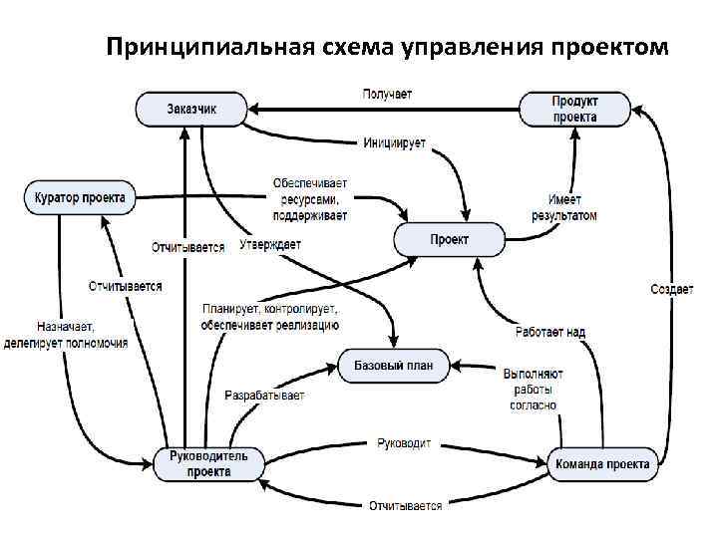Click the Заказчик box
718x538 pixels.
[191, 109]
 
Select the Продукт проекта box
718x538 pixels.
[574, 109]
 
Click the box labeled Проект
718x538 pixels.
[449, 240]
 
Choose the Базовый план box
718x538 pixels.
[394, 366]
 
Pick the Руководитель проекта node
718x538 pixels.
[208, 463]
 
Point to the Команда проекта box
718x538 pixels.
[603, 463]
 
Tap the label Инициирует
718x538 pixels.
[393, 143]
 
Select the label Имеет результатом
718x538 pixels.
[571, 207]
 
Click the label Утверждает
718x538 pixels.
[270, 245]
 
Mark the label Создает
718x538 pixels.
[671, 289]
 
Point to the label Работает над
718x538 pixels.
[550, 332]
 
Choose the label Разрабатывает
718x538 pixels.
[264, 396]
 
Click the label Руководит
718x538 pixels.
[404, 442]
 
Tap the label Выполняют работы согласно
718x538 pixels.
[533, 390]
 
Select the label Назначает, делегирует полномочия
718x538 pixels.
[82, 334]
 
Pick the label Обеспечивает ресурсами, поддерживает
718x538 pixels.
[311, 199]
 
